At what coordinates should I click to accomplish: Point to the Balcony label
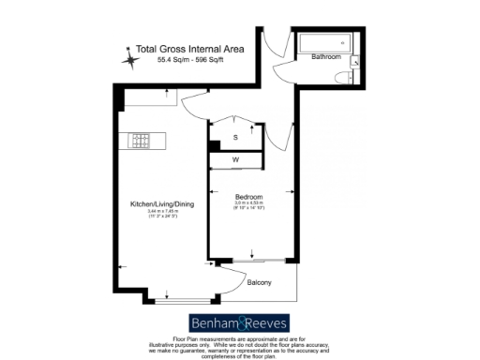[260, 282]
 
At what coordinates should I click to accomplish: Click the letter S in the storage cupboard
[236, 138]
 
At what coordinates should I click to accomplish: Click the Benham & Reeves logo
[239, 319]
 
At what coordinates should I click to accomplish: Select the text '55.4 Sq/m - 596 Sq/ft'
[184, 60]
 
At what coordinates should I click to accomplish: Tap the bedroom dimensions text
[249, 205]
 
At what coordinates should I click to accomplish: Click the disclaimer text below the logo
[240, 345]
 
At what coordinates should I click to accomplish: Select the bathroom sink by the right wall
[354, 61]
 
